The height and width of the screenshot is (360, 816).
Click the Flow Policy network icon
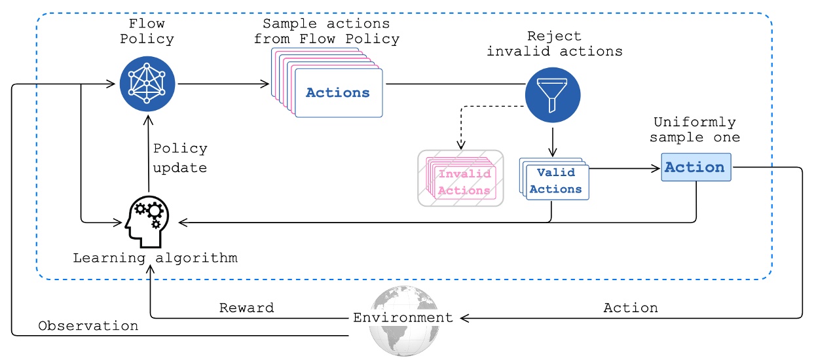click(148, 84)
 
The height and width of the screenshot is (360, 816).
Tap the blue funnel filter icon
click(553, 94)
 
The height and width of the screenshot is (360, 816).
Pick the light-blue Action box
click(695, 167)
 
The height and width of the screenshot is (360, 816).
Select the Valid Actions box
click(555, 181)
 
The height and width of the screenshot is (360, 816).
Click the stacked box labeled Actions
click(338, 93)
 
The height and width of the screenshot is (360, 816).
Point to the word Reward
click(246, 307)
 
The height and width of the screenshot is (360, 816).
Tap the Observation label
click(88, 325)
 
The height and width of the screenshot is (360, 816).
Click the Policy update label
click(180, 158)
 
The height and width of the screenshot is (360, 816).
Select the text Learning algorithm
click(155, 258)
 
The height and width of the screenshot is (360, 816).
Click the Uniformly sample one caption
click(696, 130)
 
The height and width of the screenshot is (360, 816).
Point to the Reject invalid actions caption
click(554, 43)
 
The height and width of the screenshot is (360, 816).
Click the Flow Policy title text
click(148, 31)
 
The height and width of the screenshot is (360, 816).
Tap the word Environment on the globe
click(403, 318)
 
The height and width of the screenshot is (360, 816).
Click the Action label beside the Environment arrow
click(630, 307)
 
